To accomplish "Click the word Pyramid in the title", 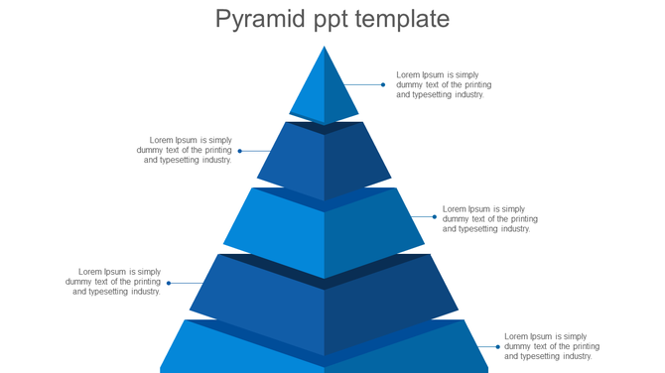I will coord(259,19).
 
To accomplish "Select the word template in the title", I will coord(405,19).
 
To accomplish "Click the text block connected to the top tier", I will coord(444,84).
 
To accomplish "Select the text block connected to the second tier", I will coord(185,150).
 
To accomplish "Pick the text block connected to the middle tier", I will coord(490,219).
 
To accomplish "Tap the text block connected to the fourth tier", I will coord(113,282).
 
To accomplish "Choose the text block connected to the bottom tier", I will coord(552,346).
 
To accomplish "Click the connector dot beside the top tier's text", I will coord(383,84).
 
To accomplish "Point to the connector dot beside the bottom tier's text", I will coord(498,346).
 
